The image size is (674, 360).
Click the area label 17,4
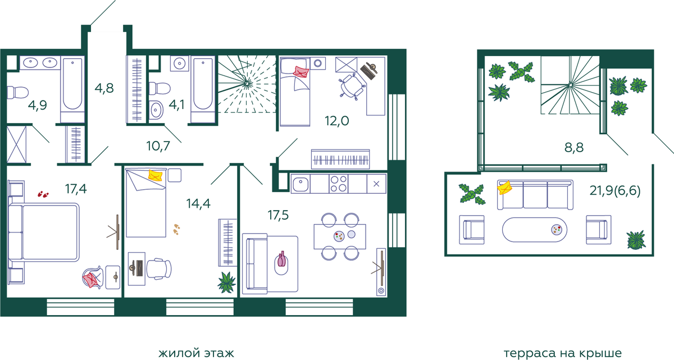coord(76,189)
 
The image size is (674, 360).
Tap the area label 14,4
coord(198,204)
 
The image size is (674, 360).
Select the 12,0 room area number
coord(336,121)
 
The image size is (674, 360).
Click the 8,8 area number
coord(574,148)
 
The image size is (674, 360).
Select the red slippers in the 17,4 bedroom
coord(43,194)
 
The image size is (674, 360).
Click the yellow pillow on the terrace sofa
coord(504,188)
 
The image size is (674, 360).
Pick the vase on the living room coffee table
coord(281,259)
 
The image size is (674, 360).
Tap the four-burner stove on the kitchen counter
coord(339,184)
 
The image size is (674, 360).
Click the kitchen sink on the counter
coord(300,184)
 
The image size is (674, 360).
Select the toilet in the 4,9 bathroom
coord(17,92)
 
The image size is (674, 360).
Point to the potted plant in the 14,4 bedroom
coord(226,282)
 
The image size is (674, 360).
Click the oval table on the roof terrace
coord(535,230)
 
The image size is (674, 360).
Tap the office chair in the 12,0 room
coord(352,86)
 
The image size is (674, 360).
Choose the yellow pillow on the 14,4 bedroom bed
coord(156,175)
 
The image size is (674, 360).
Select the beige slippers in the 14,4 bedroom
coord(176,229)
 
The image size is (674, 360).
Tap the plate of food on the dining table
coord(339,236)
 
